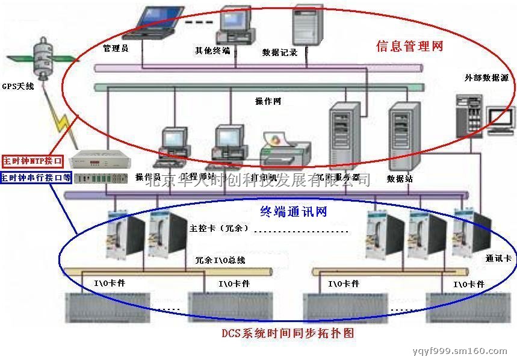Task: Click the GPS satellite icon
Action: [41, 57]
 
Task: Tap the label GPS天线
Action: [18, 86]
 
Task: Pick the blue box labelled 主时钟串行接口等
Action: [36, 178]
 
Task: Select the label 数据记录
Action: [280, 52]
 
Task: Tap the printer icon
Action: [285, 151]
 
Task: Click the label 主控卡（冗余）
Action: [215, 229]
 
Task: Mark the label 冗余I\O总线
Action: [220, 260]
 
